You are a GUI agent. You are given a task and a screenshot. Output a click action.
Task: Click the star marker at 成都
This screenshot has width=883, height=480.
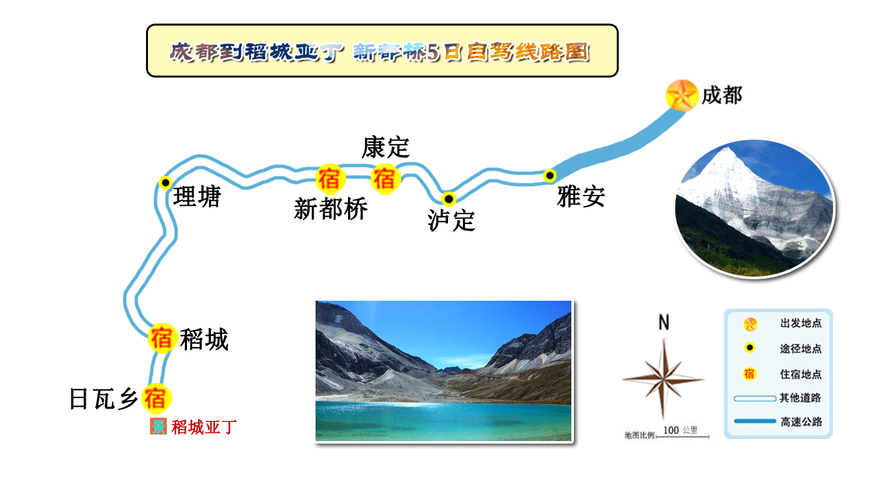pyautogui.click(x=682, y=95)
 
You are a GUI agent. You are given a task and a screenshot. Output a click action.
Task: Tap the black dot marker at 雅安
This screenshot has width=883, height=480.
pyautogui.click(x=549, y=175)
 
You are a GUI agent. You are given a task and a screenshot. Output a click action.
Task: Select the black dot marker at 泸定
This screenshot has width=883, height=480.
pyautogui.click(x=449, y=199)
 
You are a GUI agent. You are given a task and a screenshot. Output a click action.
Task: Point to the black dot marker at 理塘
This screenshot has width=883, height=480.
pyautogui.click(x=166, y=183)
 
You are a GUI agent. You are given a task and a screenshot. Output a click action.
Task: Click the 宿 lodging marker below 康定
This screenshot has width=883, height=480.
pyautogui.click(x=386, y=179)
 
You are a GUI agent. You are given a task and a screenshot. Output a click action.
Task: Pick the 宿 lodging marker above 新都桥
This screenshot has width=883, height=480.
pyautogui.click(x=330, y=179)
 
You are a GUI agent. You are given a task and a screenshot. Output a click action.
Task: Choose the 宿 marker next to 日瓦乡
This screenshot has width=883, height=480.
pyautogui.click(x=156, y=398)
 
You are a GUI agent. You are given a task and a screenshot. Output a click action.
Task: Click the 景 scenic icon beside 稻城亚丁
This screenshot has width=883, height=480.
pyautogui.click(x=158, y=426)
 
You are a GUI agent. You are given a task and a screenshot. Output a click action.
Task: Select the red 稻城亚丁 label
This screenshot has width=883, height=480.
pyautogui.click(x=204, y=427)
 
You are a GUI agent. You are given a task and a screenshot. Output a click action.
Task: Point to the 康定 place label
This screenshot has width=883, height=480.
pyautogui.click(x=386, y=147)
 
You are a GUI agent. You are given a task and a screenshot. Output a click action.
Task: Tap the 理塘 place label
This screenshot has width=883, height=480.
pyautogui.click(x=197, y=196)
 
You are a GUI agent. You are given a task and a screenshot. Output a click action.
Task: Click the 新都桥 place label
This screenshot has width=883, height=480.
pyautogui.click(x=330, y=208)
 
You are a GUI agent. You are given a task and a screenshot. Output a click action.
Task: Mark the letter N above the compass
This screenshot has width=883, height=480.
pyautogui.click(x=664, y=322)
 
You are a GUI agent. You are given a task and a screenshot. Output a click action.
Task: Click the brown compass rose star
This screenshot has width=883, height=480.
pyautogui.click(x=664, y=379)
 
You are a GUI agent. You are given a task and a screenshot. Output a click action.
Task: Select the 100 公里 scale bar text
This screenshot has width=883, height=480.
pyautogui.click(x=680, y=430)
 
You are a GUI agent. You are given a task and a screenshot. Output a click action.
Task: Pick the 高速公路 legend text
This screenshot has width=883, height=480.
pyautogui.click(x=801, y=422)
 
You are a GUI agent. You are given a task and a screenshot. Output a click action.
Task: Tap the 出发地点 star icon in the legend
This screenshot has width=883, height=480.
pyautogui.click(x=750, y=324)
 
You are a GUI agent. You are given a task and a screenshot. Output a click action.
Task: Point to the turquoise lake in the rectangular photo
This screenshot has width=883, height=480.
pyautogui.click(x=443, y=421)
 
